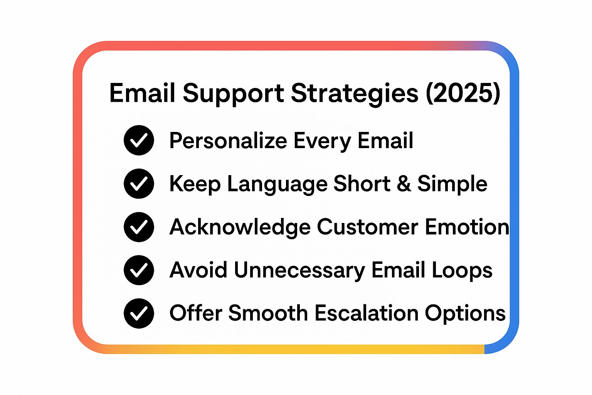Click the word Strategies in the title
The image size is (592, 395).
click(x=354, y=94)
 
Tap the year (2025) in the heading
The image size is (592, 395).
click(x=463, y=94)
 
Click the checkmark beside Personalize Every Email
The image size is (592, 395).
click(x=139, y=140)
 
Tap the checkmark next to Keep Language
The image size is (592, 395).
click(x=139, y=184)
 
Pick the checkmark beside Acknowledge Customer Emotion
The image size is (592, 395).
click(x=139, y=227)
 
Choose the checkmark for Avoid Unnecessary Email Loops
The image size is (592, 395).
click(x=139, y=270)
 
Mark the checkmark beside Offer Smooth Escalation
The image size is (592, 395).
click(x=139, y=313)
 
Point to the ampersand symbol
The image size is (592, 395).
click(x=404, y=184)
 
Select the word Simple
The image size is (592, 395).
click(x=452, y=184)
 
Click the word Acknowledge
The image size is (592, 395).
click(x=240, y=227)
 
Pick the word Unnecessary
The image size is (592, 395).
click(x=299, y=270)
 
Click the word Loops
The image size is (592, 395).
click(x=462, y=270)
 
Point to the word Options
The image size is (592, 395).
click(x=465, y=314)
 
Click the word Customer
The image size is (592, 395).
click(x=367, y=227)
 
